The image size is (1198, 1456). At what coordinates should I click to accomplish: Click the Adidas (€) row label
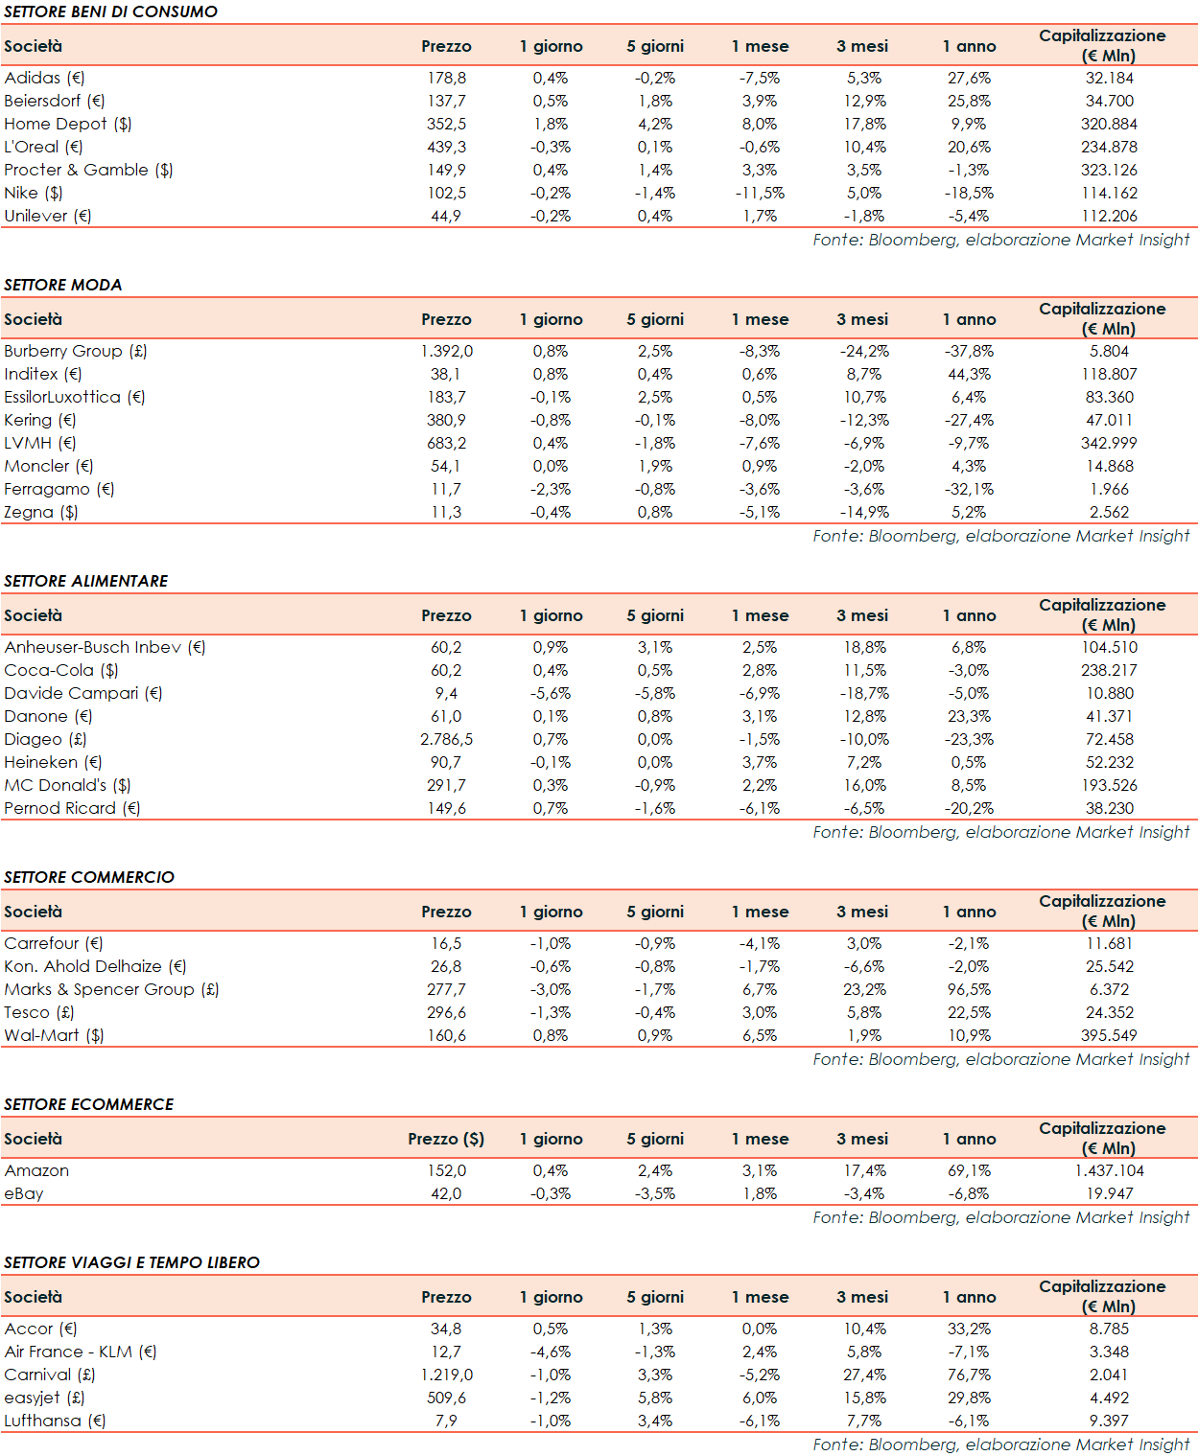point(44,78)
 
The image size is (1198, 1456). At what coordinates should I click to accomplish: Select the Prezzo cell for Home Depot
point(446,124)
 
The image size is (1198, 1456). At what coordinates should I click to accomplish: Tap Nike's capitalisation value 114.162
point(1109,193)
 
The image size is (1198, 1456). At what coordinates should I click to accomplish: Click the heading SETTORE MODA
point(62,285)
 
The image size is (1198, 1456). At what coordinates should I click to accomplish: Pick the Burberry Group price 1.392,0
point(446,351)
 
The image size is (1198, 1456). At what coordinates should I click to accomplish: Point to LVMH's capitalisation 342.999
point(1109,443)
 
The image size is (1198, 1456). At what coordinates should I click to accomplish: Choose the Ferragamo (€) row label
point(59,489)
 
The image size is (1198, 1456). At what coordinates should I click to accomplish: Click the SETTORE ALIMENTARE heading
point(85,581)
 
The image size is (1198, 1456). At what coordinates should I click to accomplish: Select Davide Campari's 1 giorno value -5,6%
point(551,693)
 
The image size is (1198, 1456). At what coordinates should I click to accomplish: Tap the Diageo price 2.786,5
point(446,739)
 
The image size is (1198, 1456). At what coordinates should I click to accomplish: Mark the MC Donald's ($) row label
point(67,785)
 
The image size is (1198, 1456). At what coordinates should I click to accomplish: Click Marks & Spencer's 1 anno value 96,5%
point(969,989)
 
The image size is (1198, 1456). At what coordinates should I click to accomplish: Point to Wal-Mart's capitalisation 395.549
point(1109,1035)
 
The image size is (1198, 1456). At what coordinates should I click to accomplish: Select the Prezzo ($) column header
point(446,1139)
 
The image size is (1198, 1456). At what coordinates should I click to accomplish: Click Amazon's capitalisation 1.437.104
point(1109,1170)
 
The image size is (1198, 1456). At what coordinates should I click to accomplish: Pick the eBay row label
point(24,1193)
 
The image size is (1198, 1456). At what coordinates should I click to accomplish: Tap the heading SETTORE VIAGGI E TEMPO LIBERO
point(131,1262)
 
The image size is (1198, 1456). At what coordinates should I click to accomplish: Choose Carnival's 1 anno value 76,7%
point(969,1375)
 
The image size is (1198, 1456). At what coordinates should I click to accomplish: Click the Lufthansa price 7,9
point(446,1421)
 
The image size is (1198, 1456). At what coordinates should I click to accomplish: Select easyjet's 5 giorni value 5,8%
point(655,1398)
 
